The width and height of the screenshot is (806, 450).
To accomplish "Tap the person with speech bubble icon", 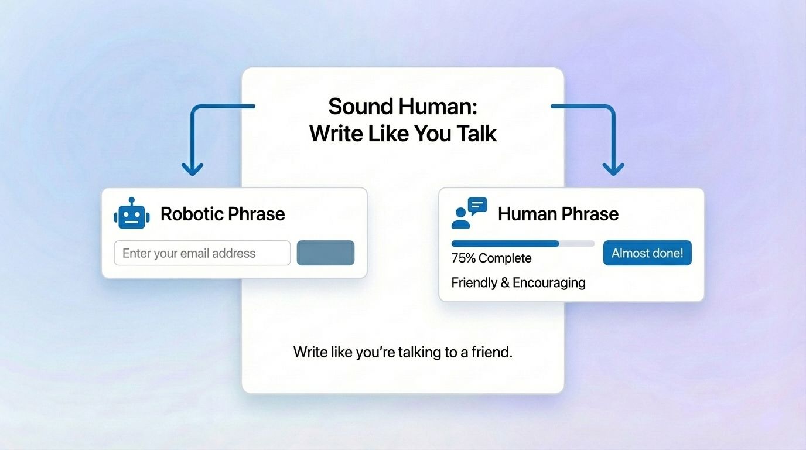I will [x=469, y=213].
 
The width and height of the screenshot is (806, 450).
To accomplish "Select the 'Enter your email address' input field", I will [x=202, y=253].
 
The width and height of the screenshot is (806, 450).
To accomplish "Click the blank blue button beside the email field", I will [x=326, y=253].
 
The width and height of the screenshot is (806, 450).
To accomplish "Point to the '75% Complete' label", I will [x=491, y=258].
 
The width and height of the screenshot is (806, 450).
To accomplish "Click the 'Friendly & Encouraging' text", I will [x=518, y=282].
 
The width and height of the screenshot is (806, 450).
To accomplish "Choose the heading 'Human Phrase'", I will [x=558, y=214].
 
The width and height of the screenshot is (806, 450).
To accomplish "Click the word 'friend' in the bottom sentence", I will [x=491, y=353].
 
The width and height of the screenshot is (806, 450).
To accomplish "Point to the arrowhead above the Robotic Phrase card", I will [x=192, y=169].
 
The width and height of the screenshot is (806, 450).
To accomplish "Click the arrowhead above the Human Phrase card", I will [x=613, y=169].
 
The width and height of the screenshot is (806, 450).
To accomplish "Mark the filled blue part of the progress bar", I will [x=505, y=243].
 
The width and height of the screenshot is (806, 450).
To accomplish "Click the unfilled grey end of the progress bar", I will [x=577, y=243].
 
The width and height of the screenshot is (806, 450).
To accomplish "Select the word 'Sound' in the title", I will [x=360, y=107].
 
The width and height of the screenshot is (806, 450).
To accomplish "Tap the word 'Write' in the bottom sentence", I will [x=309, y=353].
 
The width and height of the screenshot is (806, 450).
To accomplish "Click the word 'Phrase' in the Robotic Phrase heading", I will [x=257, y=214].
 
